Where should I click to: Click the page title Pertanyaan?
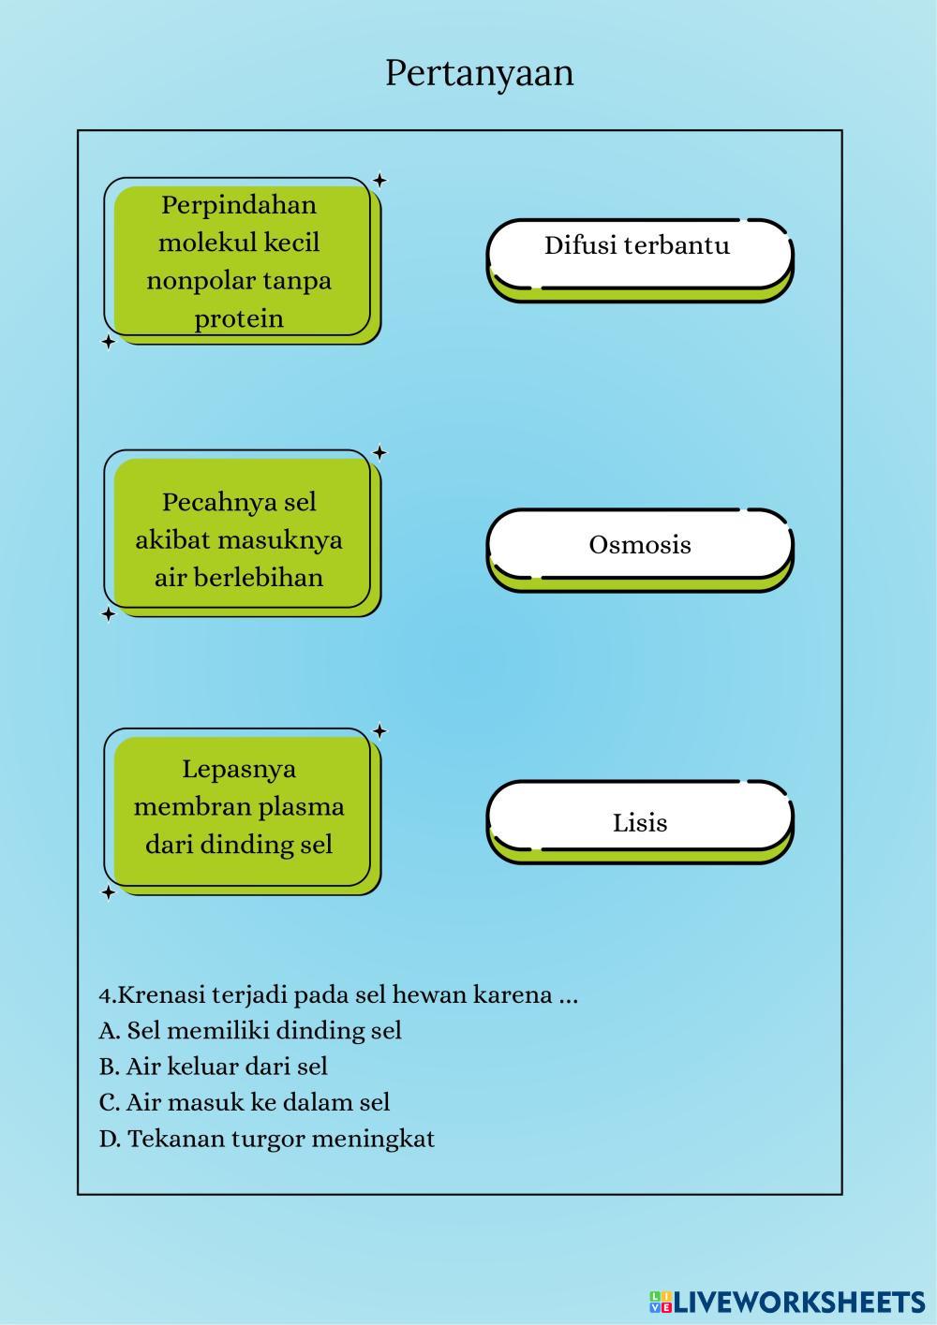479,73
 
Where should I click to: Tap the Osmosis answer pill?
639,545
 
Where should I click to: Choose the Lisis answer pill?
639,822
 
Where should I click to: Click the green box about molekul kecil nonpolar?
241,261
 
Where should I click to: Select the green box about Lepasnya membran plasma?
241,808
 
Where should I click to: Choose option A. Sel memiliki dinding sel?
250,1030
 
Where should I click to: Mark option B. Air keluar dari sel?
214,1067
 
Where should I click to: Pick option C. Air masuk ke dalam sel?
245,1102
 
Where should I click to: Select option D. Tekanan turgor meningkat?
267,1139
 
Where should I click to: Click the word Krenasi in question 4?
161,994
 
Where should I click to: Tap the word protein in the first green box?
239,318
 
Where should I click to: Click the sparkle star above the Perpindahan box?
379,180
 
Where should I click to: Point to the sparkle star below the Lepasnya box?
108,892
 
